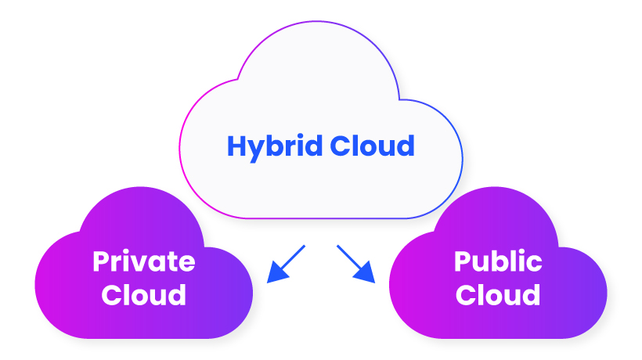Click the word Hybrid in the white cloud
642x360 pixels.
(x=274, y=146)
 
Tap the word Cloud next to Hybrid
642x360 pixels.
(x=371, y=146)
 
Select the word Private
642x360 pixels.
(x=143, y=261)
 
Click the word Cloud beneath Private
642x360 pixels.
(x=144, y=295)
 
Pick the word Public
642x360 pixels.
(x=498, y=261)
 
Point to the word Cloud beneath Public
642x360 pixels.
(x=498, y=295)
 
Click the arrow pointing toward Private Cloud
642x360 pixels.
(x=286, y=263)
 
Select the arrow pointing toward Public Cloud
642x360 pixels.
(x=356, y=263)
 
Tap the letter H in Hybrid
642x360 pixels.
(x=236, y=146)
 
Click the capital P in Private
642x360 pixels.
(x=100, y=261)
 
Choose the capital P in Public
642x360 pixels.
(x=463, y=261)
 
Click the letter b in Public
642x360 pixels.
(x=502, y=261)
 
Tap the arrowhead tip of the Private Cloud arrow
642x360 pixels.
(x=268, y=281)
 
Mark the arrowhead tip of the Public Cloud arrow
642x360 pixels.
(x=374, y=281)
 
